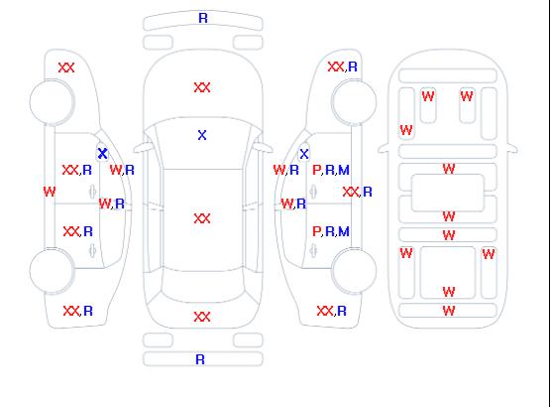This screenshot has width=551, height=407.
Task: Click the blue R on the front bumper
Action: [x=203, y=18]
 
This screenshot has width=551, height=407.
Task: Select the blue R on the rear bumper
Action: [x=200, y=359]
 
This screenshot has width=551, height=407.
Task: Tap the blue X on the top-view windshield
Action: [x=202, y=135]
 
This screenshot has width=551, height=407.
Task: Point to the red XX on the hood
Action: [x=202, y=87]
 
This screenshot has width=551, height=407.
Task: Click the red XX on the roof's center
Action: [x=202, y=218]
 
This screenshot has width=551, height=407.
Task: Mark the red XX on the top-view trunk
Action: [x=202, y=317]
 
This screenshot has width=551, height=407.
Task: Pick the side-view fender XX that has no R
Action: [x=66, y=68]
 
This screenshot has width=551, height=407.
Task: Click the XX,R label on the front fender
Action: [x=343, y=67]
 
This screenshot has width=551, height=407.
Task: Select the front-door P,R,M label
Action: [x=331, y=170]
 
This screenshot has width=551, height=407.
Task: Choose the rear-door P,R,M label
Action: [x=331, y=231]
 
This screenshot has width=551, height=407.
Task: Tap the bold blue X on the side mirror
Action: [x=102, y=153]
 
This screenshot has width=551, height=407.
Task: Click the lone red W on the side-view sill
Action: [x=50, y=192]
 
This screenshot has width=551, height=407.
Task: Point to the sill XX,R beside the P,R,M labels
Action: [x=357, y=192]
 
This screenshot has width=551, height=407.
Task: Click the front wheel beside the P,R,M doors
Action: [x=354, y=102]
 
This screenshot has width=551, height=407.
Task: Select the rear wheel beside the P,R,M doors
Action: [x=354, y=270]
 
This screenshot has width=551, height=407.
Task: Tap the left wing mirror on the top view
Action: [x=142, y=148]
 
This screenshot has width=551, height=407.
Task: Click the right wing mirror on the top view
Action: [x=264, y=147]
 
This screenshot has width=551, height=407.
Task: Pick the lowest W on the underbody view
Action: [x=449, y=311]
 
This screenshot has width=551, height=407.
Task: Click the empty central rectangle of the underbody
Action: [x=448, y=193]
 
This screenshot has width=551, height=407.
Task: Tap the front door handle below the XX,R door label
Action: [x=92, y=192]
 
